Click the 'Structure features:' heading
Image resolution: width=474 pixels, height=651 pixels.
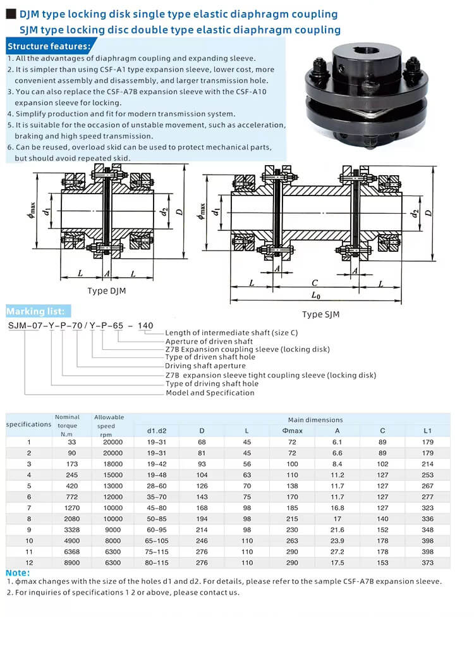click(x=49, y=46)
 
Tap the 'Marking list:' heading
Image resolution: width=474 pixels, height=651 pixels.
click(x=35, y=311)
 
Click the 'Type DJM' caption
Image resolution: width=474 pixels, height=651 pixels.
click(x=107, y=291)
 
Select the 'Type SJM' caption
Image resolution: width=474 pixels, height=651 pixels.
click(x=320, y=314)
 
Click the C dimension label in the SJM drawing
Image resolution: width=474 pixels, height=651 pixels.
click(x=315, y=283)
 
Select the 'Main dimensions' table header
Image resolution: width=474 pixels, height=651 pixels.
click(x=315, y=419)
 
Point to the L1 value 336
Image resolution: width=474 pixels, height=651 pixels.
click(x=427, y=519)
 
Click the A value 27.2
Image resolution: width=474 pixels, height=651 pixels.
click(x=337, y=552)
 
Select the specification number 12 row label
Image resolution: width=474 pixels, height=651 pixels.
click(x=29, y=562)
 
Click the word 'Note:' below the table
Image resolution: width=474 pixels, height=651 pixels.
click(x=17, y=573)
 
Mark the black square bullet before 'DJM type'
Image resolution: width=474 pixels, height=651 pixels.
click(x=11, y=14)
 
